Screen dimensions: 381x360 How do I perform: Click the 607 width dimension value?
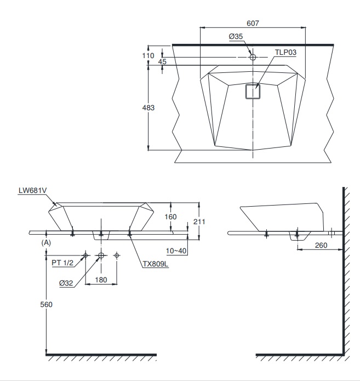point(252,23)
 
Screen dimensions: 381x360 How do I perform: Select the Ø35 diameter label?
point(236,36)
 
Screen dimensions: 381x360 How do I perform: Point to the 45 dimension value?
point(162,62)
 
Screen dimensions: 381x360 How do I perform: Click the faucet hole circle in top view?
point(253,57)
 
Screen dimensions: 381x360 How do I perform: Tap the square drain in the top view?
point(252,91)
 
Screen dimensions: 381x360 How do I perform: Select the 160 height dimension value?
point(171,217)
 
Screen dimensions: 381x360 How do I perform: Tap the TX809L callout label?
point(155,264)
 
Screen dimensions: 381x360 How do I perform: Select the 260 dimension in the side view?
point(321,246)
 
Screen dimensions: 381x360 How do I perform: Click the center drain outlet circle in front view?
point(101,255)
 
